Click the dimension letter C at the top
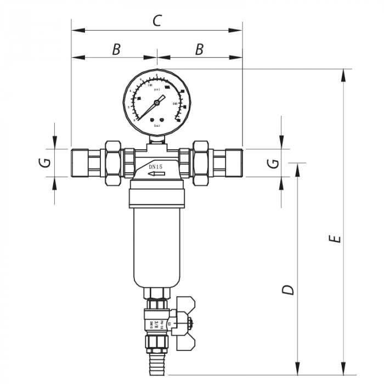(157, 21)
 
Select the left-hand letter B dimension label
(116, 49)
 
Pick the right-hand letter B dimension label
(199, 49)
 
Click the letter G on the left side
(47, 162)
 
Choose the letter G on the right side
(270, 162)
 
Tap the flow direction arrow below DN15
(157, 174)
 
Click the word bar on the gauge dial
(157, 126)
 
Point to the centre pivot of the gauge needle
(157, 102)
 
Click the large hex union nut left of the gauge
(112, 162)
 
